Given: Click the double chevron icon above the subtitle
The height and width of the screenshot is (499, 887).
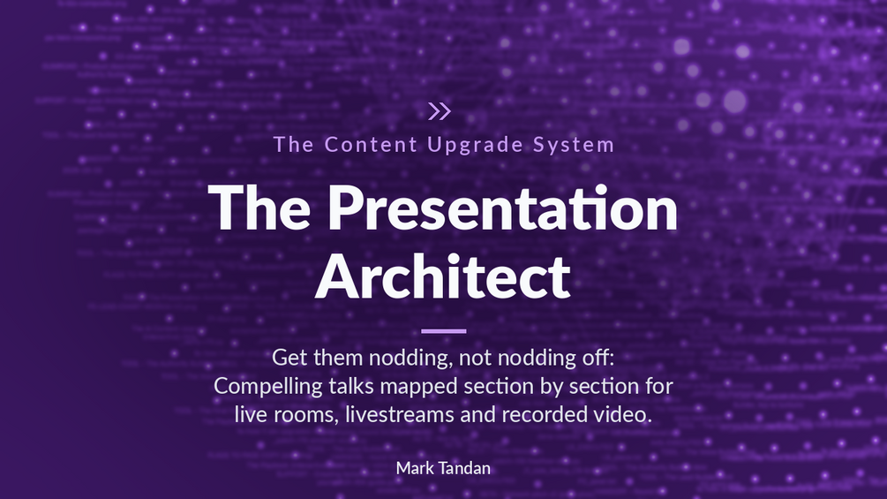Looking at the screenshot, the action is point(440,111).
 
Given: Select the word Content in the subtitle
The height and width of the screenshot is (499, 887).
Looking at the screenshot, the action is point(371,144).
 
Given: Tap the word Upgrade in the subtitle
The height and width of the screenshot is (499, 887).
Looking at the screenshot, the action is point(475,146).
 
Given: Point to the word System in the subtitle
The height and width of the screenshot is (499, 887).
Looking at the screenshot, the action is point(574,146).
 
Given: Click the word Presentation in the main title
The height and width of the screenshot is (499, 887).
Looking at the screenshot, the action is point(502,208).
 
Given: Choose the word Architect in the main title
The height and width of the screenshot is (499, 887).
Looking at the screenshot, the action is point(443,276).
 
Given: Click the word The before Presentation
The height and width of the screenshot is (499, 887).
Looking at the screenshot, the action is point(259,208).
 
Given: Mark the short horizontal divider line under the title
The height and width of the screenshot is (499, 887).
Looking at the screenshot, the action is point(443,331).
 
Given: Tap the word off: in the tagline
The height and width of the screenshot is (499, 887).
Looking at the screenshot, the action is point(598,358).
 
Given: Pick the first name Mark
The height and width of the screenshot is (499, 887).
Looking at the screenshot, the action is point(415,468).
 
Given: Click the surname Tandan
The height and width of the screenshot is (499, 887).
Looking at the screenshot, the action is point(465,468).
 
